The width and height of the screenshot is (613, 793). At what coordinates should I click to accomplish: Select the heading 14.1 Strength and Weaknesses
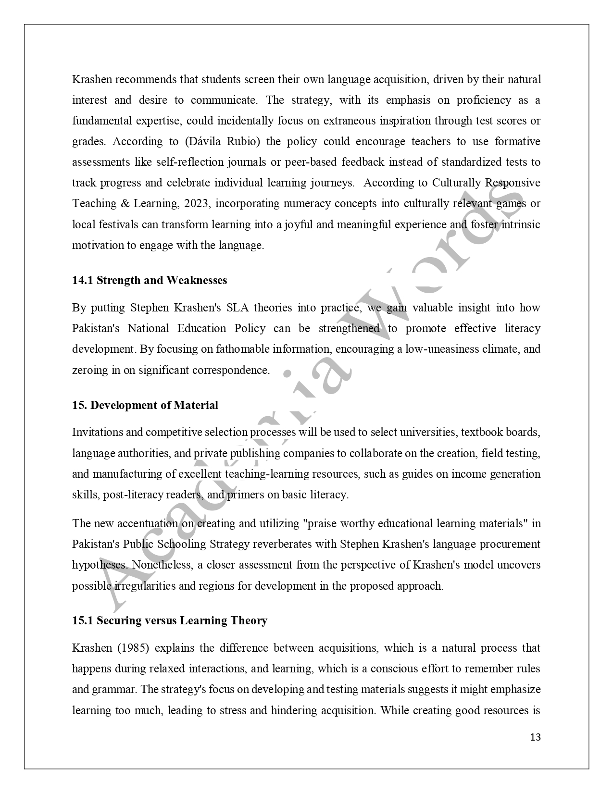click(x=150, y=280)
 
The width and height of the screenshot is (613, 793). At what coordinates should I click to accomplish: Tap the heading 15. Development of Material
click(x=145, y=405)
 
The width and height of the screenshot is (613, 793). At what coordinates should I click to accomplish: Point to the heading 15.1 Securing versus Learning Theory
click(x=170, y=620)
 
